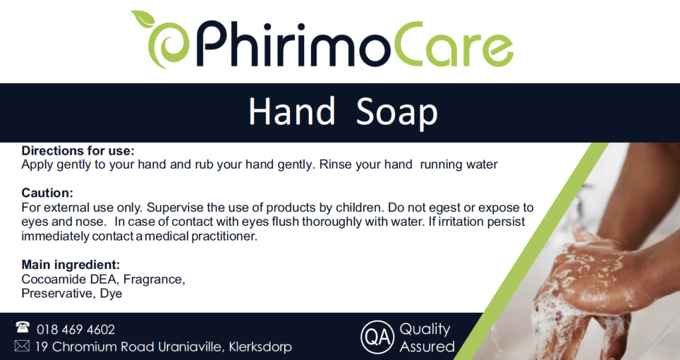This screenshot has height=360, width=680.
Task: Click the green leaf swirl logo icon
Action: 161,41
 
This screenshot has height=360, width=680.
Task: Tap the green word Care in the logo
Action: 454,45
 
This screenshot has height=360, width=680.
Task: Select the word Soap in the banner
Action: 397,112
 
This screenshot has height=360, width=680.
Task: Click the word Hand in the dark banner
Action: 292,111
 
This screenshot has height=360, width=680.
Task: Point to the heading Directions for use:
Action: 78,151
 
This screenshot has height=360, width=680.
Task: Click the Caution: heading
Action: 47,193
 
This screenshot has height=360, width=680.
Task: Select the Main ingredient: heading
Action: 70,264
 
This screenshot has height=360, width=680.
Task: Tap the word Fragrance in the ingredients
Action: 154,280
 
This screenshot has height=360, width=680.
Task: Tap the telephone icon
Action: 23,327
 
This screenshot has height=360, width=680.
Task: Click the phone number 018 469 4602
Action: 76,329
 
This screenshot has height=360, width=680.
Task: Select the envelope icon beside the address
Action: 22,345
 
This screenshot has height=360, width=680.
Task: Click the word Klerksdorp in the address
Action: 260,347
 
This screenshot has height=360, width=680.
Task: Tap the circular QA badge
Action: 377,337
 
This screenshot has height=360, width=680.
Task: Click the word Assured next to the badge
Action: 427,347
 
